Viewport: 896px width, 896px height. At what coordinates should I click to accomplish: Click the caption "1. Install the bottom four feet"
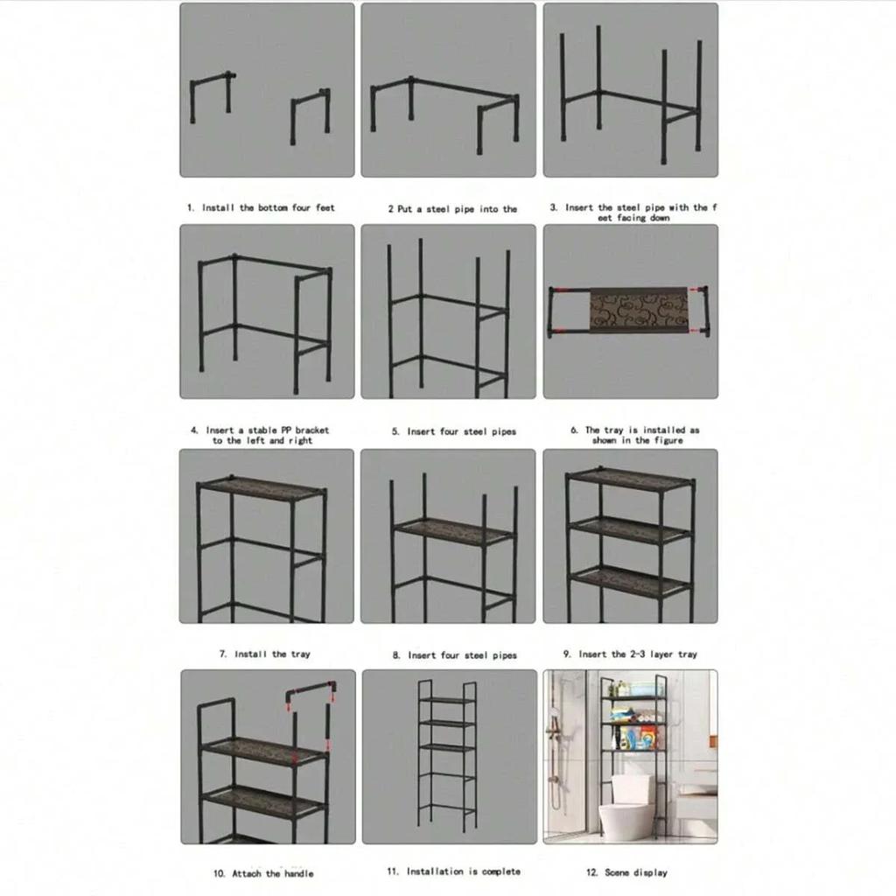[261, 208]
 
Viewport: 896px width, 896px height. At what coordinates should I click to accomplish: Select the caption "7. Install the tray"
[264, 654]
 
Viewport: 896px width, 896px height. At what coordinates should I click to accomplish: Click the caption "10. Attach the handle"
[263, 873]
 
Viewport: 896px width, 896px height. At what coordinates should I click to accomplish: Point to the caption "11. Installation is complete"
[453, 871]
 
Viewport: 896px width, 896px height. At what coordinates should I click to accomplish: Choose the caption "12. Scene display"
[626, 872]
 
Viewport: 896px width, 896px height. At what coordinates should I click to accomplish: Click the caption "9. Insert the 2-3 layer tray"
[629, 654]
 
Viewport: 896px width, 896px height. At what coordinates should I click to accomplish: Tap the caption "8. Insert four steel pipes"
[453, 655]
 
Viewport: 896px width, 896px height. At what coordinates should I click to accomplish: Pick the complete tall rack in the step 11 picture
[447, 758]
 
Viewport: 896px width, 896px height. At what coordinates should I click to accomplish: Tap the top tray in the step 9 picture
[630, 479]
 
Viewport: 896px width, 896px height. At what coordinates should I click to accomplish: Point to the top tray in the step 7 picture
[261, 488]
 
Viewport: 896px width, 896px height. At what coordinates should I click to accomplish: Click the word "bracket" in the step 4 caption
[311, 430]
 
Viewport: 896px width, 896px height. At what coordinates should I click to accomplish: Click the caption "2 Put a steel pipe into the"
[452, 209]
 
